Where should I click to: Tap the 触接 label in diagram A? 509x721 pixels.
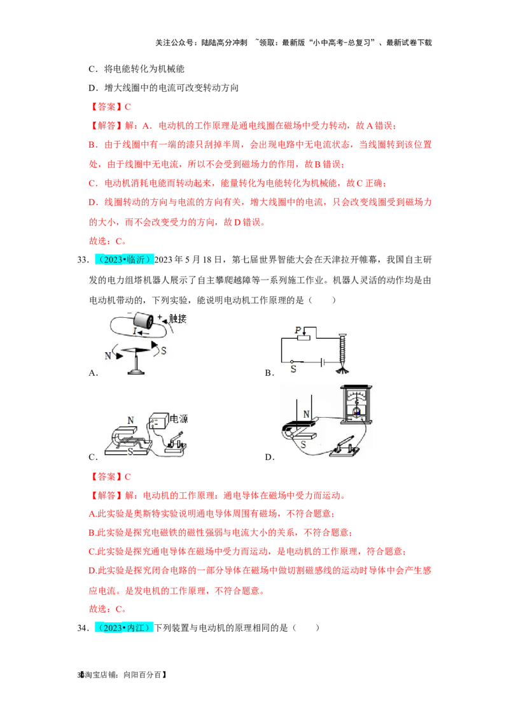click(178, 318)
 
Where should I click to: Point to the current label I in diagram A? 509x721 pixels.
click(135, 331)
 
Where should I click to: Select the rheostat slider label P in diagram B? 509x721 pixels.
click(298, 330)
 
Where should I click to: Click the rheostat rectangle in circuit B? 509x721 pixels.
click(303, 338)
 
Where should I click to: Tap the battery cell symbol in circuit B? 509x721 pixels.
click(323, 362)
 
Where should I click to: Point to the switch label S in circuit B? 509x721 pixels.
click(293, 369)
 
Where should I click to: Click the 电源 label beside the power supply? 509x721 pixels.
click(179, 419)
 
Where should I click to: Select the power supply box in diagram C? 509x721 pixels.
click(158, 421)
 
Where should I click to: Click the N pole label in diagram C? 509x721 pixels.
click(131, 420)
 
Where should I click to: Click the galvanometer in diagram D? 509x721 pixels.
click(356, 404)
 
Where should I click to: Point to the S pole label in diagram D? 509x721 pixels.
click(303, 445)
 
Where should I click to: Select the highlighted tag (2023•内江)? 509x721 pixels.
click(124, 627)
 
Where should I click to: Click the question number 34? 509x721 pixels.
click(83, 628)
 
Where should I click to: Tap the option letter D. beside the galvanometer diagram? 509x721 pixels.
click(270, 457)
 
